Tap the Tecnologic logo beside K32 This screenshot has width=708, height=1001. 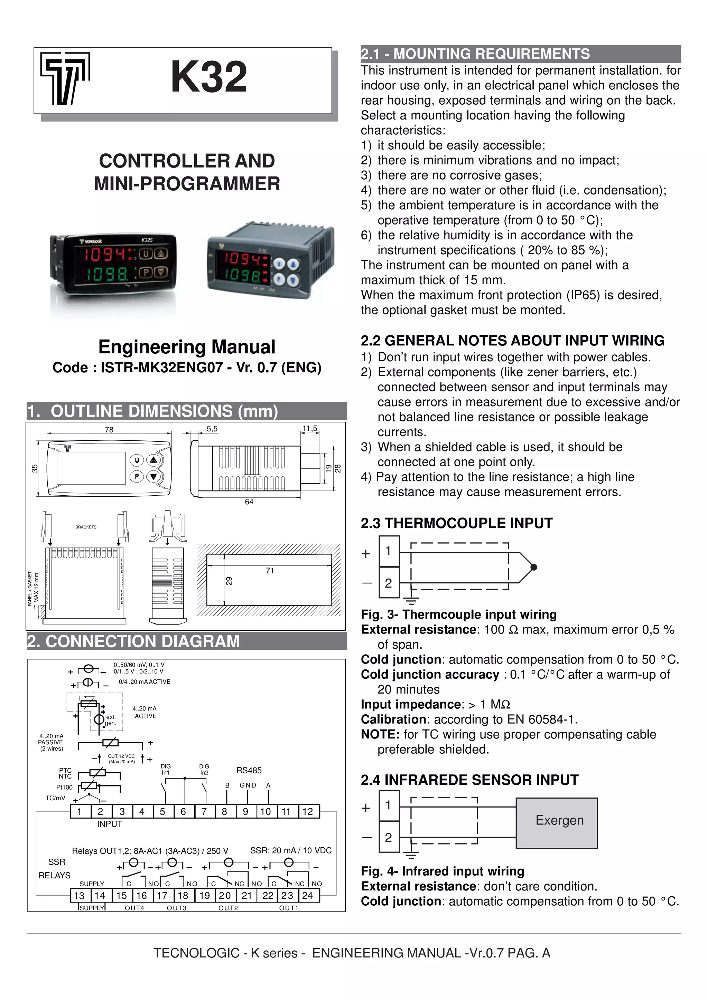(x=65, y=78)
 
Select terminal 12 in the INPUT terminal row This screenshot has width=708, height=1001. (x=308, y=811)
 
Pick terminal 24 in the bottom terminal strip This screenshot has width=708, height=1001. (x=308, y=896)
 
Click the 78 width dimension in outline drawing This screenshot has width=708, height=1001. (x=109, y=430)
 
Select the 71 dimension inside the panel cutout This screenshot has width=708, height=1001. (x=270, y=571)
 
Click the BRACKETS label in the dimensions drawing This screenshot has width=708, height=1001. (x=86, y=527)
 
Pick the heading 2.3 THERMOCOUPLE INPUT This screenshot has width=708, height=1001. (x=456, y=523)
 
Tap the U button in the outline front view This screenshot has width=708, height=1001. (x=137, y=460)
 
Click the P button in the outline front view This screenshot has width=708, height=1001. (x=137, y=476)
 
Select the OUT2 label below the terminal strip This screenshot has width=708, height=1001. (x=228, y=908)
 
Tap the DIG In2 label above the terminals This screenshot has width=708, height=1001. (x=204, y=770)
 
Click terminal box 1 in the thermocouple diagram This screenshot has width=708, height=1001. (x=389, y=551)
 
